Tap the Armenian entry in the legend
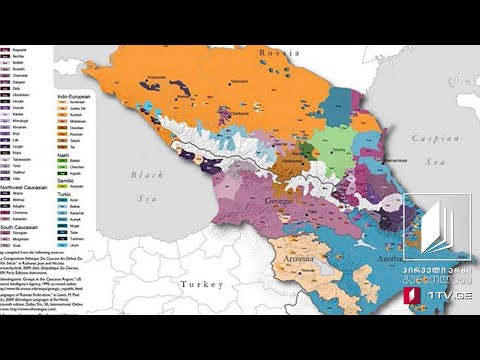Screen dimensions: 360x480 (x=76, y=105)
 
